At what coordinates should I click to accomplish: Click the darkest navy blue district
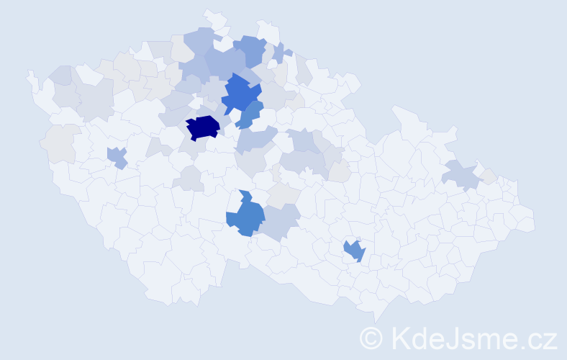(203, 127)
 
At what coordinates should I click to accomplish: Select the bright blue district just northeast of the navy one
(240, 94)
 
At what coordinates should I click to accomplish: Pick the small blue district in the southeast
(354, 251)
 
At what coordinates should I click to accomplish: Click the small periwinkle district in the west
(117, 156)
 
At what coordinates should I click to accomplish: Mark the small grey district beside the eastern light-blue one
(489, 176)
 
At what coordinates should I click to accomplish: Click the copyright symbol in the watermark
(373, 338)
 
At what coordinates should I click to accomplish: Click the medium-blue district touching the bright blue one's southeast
(250, 114)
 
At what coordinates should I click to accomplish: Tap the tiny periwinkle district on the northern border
(279, 53)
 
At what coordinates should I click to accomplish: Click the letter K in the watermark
(400, 338)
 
